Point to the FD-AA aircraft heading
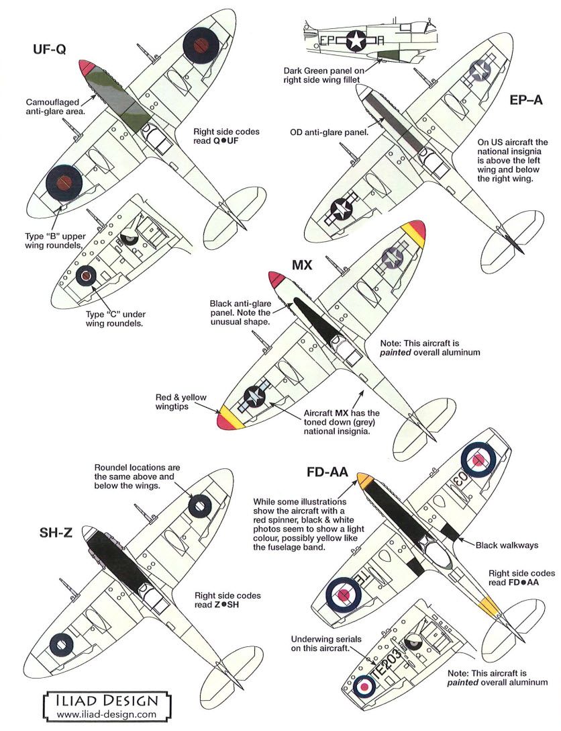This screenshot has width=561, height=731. coord(325,472)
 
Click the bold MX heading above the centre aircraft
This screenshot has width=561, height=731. coord(302,263)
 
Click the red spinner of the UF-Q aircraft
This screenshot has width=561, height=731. coord(87,67)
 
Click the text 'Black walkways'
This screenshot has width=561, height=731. coord(507,545)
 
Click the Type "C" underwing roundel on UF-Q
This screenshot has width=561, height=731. coord(86,274)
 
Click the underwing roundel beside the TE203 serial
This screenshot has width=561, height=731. coord(365,685)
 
